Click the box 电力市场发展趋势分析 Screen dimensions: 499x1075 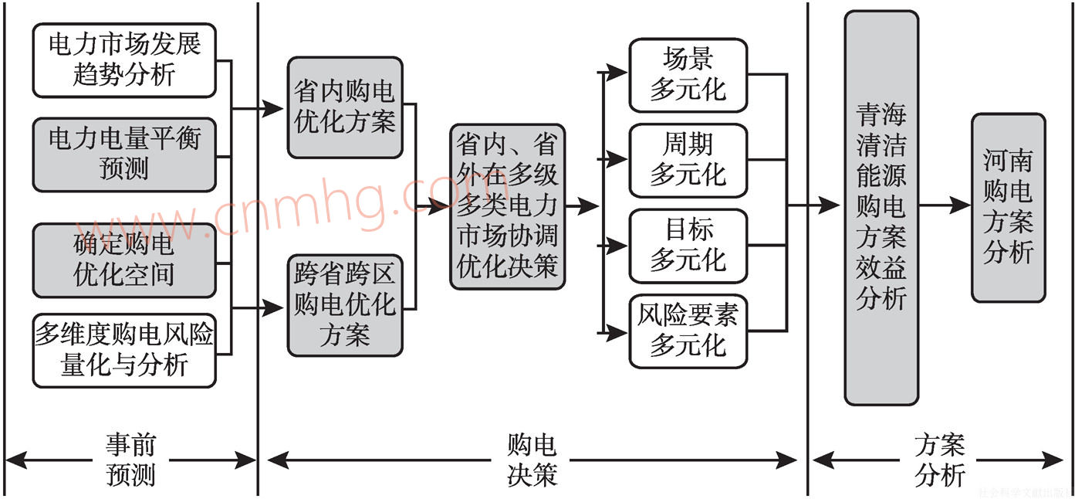pos(124,60)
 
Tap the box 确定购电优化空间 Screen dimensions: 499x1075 pos(124,260)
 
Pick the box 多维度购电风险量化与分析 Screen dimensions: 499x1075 pos(124,350)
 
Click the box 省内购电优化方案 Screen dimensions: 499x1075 pos(345,108)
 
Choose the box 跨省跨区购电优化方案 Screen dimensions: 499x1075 pos(345,305)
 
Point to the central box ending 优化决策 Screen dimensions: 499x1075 pos(507,206)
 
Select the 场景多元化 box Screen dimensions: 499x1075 pos(688,75)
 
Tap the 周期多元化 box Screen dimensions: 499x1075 pos(688,160)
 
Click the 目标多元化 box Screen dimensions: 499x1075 pos(688,246)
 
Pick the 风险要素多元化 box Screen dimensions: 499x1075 pos(688,331)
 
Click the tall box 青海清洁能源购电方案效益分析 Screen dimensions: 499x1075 pos(881,207)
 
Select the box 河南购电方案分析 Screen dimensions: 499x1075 pos(1008,207)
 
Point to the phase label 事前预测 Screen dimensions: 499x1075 pos(131,460)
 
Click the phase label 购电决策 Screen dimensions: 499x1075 pos(532,460)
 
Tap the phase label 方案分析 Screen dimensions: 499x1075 pos(939,460)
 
